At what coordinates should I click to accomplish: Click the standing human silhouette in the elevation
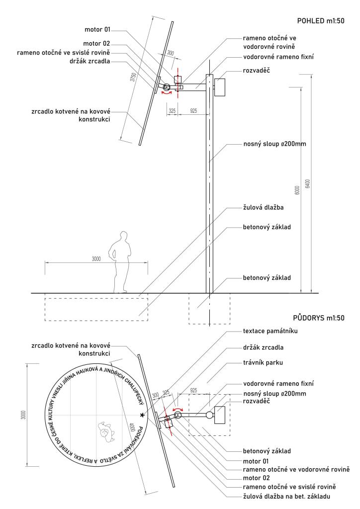121,261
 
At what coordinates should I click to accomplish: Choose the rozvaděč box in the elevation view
220,86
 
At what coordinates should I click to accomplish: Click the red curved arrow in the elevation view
167,93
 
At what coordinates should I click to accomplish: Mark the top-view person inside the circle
106,431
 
